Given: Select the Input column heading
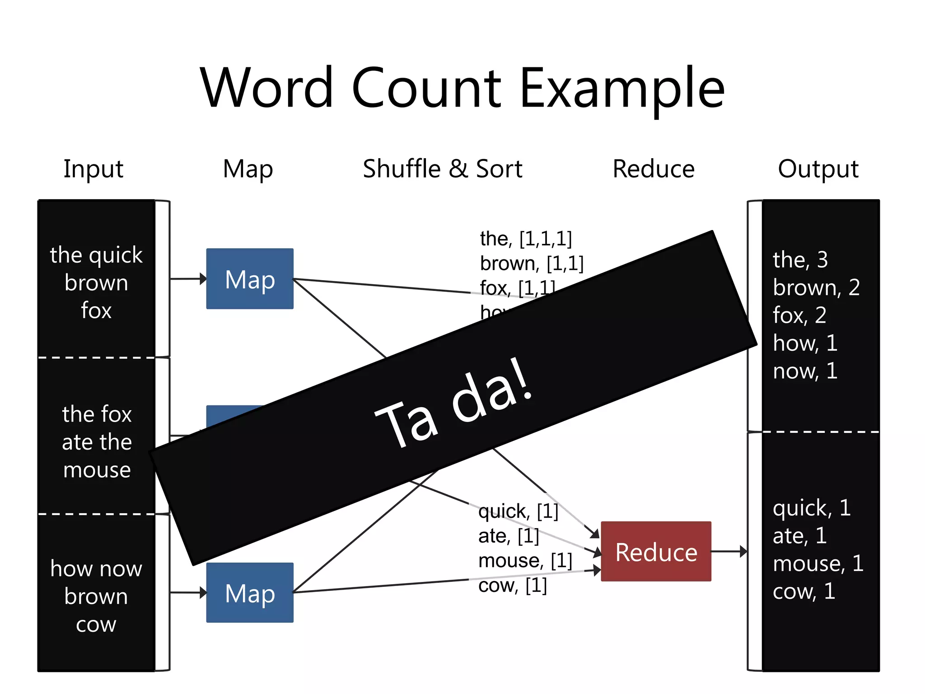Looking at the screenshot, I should [x=93, y=169].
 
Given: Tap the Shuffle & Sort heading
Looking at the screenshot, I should [x=442, y=169].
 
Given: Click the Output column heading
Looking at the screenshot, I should [x=818, y=169].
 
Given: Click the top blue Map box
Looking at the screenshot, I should [x=250, y=279].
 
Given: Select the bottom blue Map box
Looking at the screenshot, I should [x=250, y=593].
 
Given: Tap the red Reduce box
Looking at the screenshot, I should [x=656, y=552].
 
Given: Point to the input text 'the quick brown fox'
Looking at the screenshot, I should [x=96, y=282].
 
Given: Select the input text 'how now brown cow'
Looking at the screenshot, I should [x=96, y=596].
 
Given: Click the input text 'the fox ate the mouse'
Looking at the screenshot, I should [x=97, y=441].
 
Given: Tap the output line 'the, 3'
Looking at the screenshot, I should [x=800, y=260].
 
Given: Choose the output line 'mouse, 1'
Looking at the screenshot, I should [x=818, y=563].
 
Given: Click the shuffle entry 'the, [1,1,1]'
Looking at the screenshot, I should [x=526, y=239].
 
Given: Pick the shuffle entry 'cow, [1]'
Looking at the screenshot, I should [x=512, y=586].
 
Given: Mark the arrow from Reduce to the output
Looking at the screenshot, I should [x=729, y=552].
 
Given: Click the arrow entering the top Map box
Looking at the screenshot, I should [x=187, y=279].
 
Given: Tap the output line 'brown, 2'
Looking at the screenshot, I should [x=816, y=287].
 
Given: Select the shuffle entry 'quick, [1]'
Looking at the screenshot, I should [x=518, y=511].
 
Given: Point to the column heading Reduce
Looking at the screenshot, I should [x=653, y=169].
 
